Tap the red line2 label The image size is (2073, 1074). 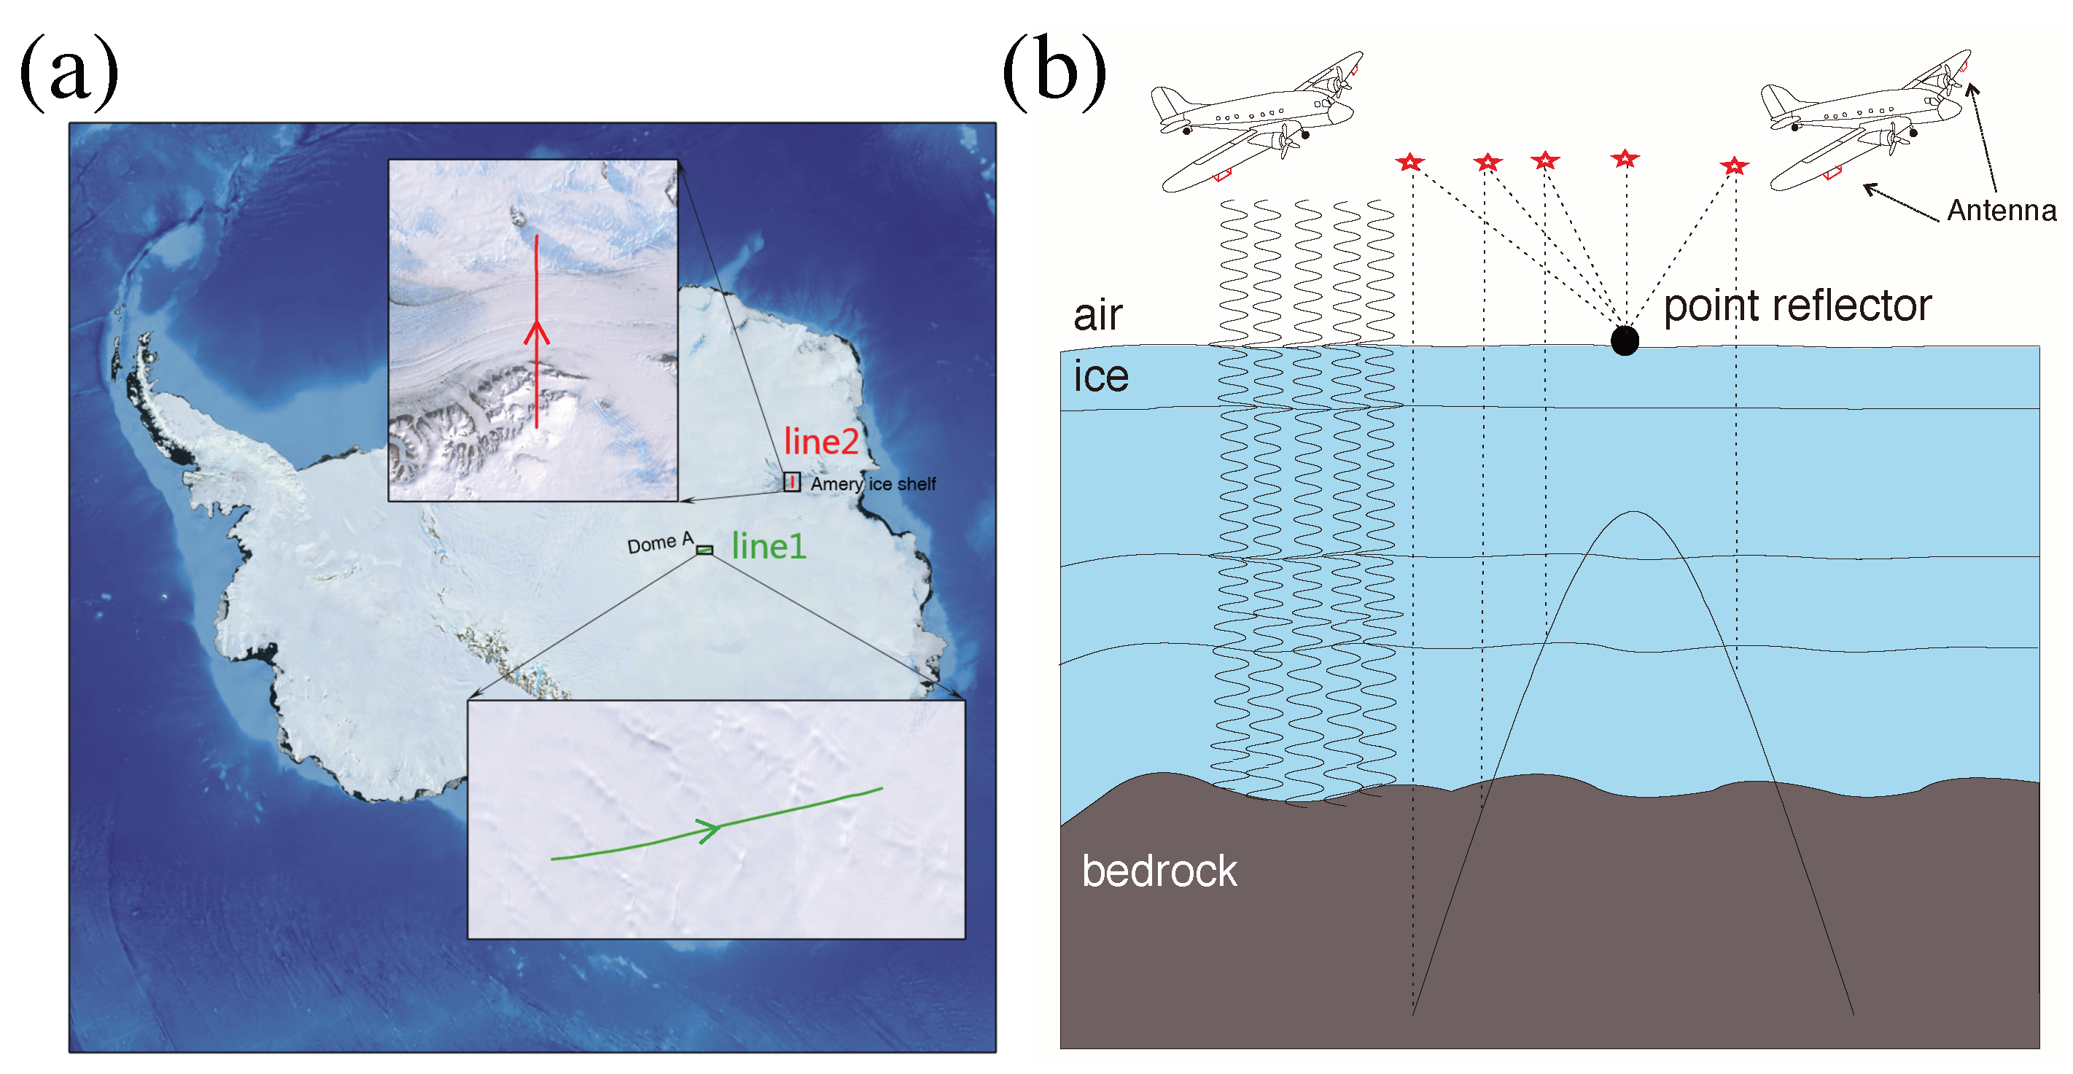pos(821,442)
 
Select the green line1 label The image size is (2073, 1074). pos(769,547)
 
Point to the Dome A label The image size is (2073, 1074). pos(659,543)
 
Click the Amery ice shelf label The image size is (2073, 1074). pos(873,484)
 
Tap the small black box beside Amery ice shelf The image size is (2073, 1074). pos(792,482)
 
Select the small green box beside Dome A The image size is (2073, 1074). pos(704,550)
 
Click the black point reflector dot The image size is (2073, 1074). pos(1625,341)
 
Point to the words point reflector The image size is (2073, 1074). pos(1797,306)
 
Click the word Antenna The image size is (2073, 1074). pos(2002,211)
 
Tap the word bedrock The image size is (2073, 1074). pos(1159,871)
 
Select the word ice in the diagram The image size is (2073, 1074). pos(1101,376)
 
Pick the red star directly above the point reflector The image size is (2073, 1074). pos(1625,158)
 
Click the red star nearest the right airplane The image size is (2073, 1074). pos(1734,166)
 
